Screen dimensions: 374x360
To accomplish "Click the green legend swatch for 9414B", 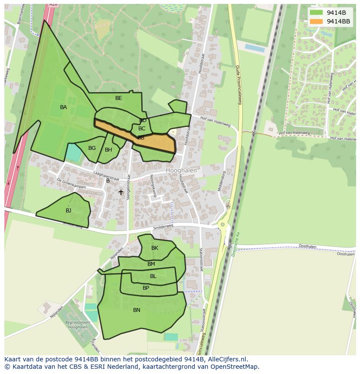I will [317, 13].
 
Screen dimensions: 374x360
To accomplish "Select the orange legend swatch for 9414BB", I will [317, 21].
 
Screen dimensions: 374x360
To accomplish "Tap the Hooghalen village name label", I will [181, 171].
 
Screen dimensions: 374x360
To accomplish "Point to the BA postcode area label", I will [63, 107].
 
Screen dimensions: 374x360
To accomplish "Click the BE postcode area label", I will [119, 98].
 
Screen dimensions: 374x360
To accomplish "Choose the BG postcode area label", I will [92, 148].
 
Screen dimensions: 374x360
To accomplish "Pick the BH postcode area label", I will [108, 150].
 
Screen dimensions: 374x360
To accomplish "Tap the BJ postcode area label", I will [68, 211].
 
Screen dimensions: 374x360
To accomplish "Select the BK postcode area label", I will [155, 248].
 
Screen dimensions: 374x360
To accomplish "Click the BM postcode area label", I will [151, 264].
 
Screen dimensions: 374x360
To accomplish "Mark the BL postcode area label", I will [153, 276].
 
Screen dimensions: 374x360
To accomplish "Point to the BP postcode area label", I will [146, 288].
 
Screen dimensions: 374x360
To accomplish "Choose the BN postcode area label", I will [137, 310].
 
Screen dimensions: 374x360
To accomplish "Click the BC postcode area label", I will [142, 129].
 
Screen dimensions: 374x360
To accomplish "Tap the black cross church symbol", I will [121, 192].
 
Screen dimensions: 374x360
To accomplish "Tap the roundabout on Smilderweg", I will [223, 225].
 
